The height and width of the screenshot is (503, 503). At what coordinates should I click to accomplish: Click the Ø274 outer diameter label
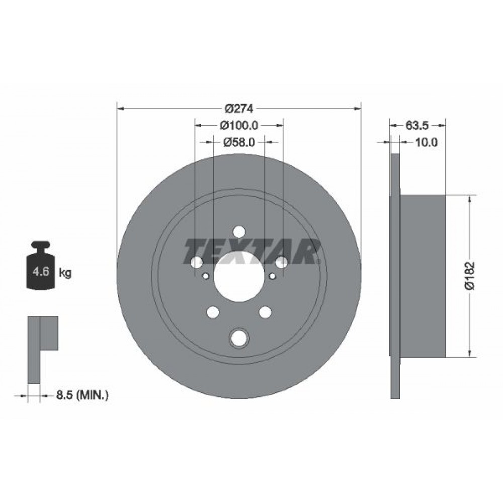[x=239, y=109]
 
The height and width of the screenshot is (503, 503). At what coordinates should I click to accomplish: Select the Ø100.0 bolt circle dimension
[x=239, y=125]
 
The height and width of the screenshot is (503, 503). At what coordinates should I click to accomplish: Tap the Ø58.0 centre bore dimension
[x=239, y=142]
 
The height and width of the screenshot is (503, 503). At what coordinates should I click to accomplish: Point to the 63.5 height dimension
[x=417, y=125]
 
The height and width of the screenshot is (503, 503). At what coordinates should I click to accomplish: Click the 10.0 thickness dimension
[x=427, y=142]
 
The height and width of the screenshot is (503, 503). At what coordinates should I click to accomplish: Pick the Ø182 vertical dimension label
[x=470, y=276]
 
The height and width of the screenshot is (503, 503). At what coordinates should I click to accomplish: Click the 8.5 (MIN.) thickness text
[x=82, y=395]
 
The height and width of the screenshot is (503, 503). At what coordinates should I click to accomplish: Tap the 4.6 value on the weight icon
[x=41, y=272]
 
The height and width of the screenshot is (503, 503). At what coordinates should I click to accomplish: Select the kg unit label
[x=65, y=273]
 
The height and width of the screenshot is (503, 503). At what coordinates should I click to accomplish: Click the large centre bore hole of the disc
[x=239, y=276]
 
